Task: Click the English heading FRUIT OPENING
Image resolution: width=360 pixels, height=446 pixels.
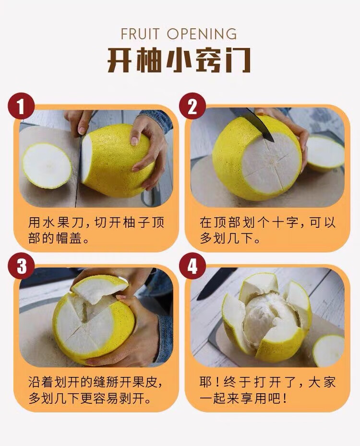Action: pyautogui.click(x=179, y=34)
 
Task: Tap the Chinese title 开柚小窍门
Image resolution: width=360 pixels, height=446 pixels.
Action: pyautogui.click(x=179, y=60)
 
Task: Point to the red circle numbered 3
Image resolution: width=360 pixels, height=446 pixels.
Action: pyautogui.click(x=21, y=267)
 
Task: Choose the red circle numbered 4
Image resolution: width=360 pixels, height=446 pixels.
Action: pyautogui.click(x=192, y=267)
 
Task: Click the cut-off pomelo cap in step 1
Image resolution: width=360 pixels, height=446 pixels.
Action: pyautogui.click(x=47, y=165)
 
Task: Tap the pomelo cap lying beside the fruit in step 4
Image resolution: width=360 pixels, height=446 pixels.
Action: pyautogui.click(x=329, y=351)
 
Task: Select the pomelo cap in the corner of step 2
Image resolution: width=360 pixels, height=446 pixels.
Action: pyautogui.click(x=325, y=153)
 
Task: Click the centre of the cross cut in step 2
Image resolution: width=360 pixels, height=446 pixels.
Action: pyautogui.click(x=271, y=163)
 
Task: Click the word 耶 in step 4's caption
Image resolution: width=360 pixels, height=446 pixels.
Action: pyautogui.click(x=206, y=383)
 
